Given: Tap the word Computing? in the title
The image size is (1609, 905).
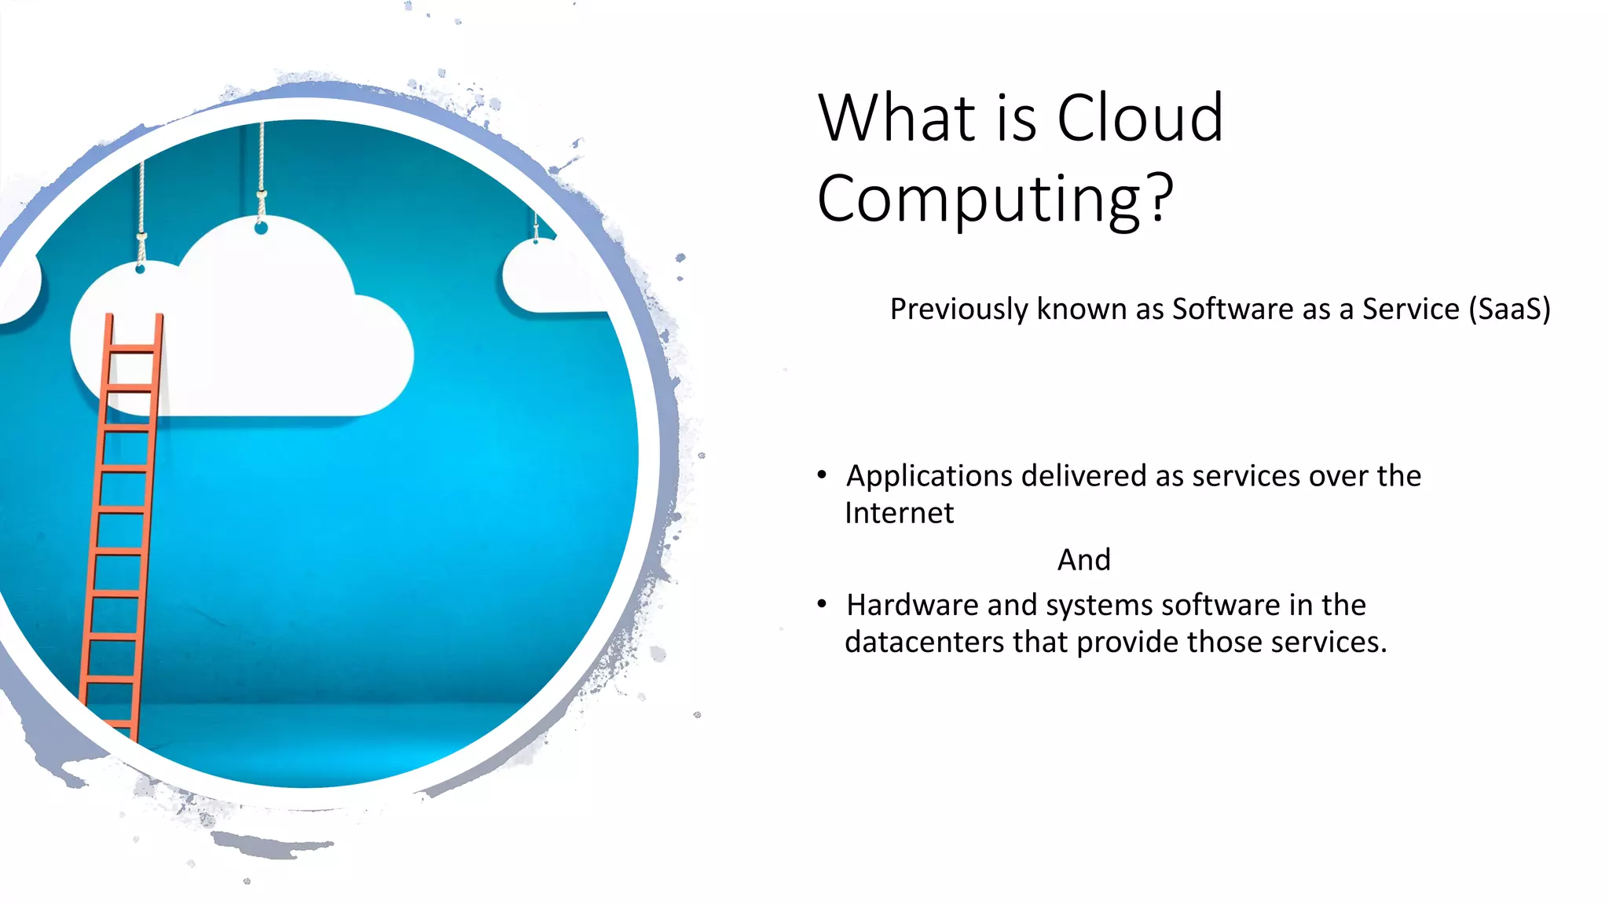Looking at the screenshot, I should coord(995,200).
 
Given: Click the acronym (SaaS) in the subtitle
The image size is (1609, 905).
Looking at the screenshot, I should coord(1509,310).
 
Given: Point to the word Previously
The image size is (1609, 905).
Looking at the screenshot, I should coord(958,310).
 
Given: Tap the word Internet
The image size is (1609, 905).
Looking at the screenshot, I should coord(899,513).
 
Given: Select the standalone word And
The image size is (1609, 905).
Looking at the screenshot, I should coord(1083,560).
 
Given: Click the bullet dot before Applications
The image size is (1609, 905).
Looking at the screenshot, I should coord(822,474).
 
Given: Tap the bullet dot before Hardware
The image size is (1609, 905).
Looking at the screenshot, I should coord(822,603).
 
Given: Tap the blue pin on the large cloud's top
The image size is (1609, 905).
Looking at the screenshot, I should coord(262,228).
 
